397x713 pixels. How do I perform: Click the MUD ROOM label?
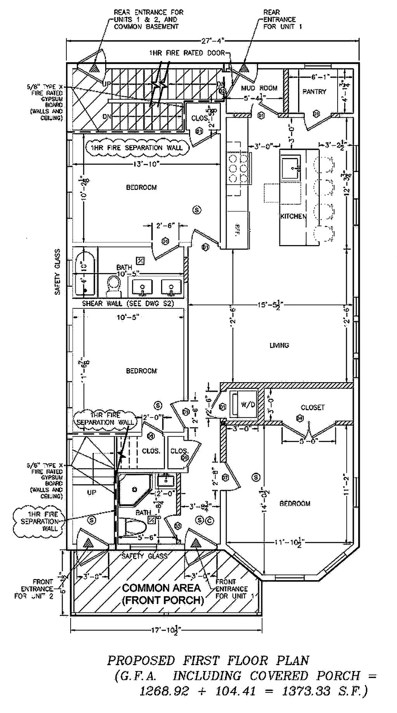[259, 88]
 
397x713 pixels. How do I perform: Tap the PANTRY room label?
[314, 92]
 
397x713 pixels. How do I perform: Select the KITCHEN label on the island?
[293, 216]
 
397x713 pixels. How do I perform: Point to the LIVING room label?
[279, 345]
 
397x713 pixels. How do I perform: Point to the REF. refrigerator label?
[238, 228]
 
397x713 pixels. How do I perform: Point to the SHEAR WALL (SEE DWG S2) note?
[128, 303]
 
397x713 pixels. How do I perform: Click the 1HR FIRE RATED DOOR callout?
[187, 53]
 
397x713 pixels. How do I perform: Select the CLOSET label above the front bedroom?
[312, 407]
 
